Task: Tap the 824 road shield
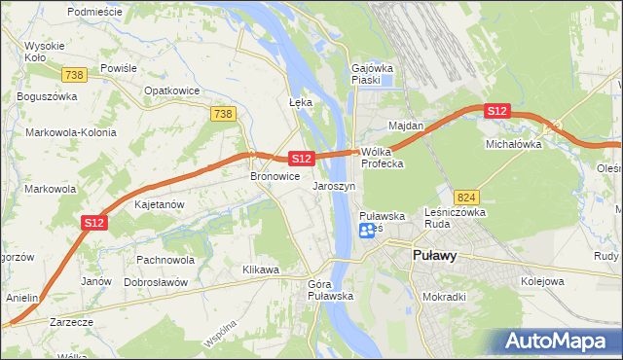point(465,196)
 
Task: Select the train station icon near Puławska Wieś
point(368,231)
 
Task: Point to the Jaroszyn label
point(334,185)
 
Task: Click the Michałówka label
point(513,144)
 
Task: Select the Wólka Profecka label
point(383,158)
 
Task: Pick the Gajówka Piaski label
point(371,75)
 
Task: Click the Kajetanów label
point(160,205)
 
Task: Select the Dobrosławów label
point(156,282)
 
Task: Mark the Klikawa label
point(261,270)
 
